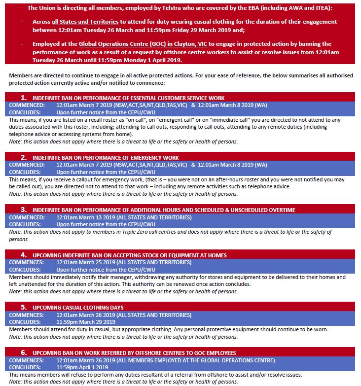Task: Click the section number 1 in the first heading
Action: pos(23,98)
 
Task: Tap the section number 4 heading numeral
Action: pos(23,254)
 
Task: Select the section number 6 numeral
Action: pos(23,352)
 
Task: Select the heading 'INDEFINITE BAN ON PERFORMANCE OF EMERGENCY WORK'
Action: pos(106,157)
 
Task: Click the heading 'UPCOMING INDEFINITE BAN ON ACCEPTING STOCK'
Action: pos(130,255)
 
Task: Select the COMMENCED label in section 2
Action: pos(27,165)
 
